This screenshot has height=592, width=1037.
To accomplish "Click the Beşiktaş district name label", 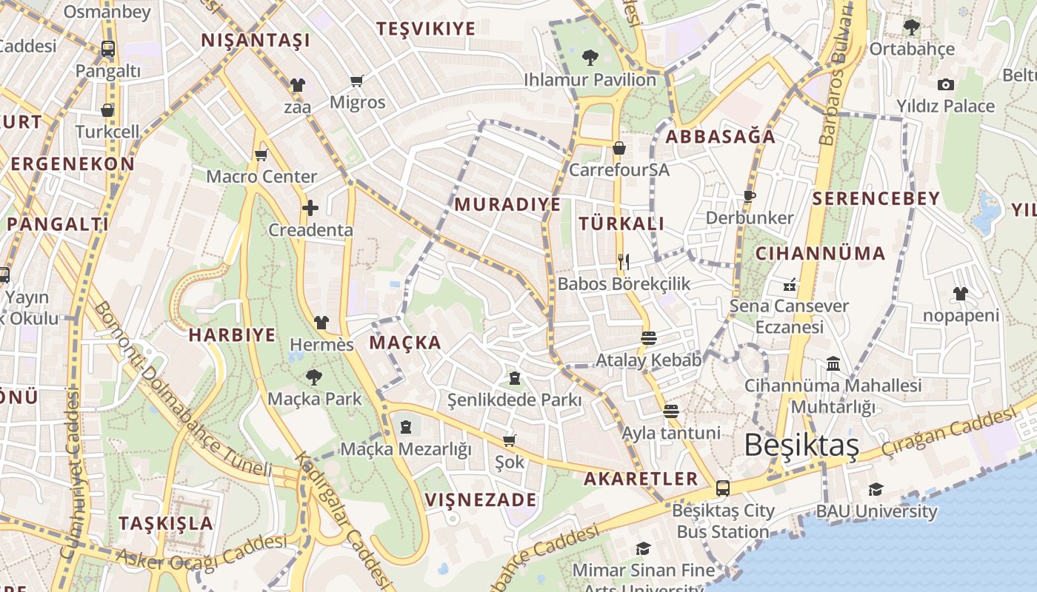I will pyautogui.click(x=801, y=445).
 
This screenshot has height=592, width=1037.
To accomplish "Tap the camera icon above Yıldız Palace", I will pyautogui.click(x=945, y=85).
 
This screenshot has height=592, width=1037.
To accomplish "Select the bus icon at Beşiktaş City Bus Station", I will pyautogui.click(x=723, y=488).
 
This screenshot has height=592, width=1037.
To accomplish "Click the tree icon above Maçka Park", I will pyautogui.click(x=314, y=377).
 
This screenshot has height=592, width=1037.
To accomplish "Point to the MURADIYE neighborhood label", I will pyautogui.click(x=507, y=204).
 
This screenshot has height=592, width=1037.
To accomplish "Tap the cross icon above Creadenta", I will pyautogui.click(x=310, y=208).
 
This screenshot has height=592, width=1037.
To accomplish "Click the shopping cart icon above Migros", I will pyautogui.click(x=357, y=81).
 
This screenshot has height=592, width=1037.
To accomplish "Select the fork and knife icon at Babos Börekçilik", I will pyautogui.click(x=624, y=261).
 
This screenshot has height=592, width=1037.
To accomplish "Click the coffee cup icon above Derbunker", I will pyautogui.click(x=750, y=196).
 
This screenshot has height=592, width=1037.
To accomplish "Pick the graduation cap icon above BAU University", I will pyautogui.click(x=876, y=489).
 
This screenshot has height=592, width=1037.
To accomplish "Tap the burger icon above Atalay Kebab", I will pyautogui.click(x=649, y=338).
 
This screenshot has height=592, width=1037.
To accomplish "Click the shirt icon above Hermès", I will pyautogui.click(x=321, y=323).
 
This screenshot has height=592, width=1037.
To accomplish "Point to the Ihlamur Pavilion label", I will pyautogui.click(x=590, y=79).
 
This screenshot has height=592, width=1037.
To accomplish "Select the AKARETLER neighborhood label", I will pyautogui.click(x=641, y=478).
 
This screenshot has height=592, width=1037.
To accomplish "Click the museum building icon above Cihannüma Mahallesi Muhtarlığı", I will pyautogui.click(x=833, y=363).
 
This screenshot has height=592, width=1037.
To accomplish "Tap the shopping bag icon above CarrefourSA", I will pyautogui.click(x=619, y=148).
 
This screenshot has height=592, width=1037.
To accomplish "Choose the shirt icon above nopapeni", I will pyautogui.click(x=961, y=294).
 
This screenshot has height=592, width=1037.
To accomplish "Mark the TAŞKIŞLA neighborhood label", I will pyautogui.click(x=166, y=523).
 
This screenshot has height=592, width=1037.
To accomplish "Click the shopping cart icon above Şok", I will pyautogui.click(x=509, y=440).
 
